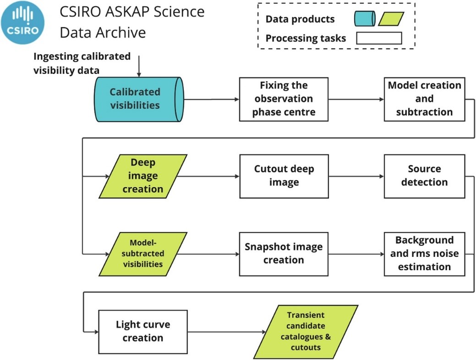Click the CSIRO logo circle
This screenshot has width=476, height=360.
23,22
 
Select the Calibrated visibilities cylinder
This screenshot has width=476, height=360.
137,99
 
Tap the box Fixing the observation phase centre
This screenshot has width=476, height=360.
284,99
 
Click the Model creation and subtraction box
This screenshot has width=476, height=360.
424,99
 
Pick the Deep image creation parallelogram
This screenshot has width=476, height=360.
143,176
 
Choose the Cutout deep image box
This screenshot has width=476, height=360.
284,176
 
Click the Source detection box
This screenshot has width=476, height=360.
424,176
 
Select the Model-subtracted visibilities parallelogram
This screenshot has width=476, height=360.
143,253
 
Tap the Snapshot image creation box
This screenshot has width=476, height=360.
284,253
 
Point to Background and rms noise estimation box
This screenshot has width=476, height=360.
424,253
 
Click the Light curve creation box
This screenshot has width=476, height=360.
142,332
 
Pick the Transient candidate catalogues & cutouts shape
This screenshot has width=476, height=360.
306,332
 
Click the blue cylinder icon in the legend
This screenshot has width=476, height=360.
365,19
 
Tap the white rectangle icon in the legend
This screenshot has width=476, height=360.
379,38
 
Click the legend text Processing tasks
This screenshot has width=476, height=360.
306,38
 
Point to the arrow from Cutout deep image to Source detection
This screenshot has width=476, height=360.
356,176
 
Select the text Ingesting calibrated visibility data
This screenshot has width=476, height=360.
82,63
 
